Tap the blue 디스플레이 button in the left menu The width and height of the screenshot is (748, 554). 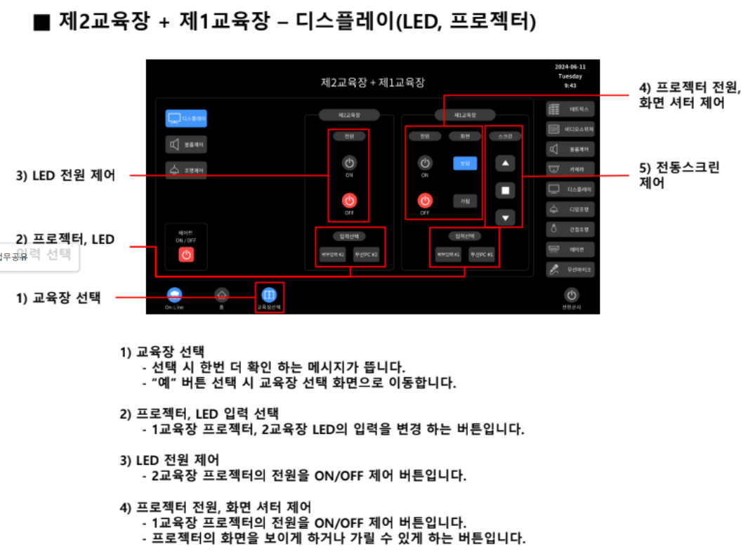[x=186, y=119]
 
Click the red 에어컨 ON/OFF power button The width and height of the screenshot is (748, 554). [x=186, y=255]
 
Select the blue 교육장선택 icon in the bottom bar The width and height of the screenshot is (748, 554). [x=269, y=295]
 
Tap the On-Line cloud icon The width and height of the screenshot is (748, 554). [x=173, y=295]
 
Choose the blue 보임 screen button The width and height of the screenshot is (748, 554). [x=464, y=163]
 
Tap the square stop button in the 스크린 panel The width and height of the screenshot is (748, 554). [x=505, y=190]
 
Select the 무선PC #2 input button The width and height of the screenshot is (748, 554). [x=365, y=255]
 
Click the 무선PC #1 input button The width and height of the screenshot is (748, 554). [x=481, y=255]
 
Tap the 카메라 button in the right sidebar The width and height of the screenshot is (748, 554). [x=570, y=169]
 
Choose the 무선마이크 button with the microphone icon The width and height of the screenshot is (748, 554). [x=570, y=269]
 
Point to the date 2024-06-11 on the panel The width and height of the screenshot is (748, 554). [x=570, y=67]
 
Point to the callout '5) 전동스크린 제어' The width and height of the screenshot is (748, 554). [x=678, y=175]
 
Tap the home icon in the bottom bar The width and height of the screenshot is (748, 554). [x=221, y=295]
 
